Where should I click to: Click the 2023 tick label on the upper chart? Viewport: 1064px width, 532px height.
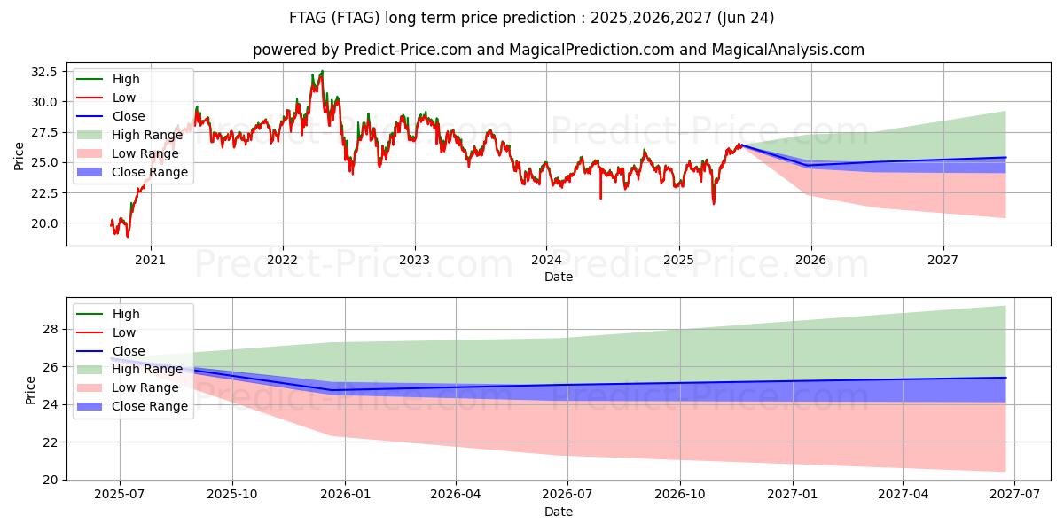(x=414, y=260)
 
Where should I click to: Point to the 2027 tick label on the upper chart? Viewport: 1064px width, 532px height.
(x=943, y=260)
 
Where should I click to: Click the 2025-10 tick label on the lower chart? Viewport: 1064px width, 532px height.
(x=232, y=495)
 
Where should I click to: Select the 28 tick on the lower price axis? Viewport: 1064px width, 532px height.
(x=51, y=329)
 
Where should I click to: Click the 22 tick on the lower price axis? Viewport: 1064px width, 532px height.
(x=51, y=442)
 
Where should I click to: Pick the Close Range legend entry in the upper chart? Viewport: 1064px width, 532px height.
(x=150, y=172)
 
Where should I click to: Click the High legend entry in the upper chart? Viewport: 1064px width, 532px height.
(x=126, y=79)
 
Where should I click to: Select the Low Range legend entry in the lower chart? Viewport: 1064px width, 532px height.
(x=147, y=387)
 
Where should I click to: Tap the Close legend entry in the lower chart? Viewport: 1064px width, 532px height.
(x=129, y=351)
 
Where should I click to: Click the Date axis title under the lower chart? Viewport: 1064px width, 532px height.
(x=559, y=512)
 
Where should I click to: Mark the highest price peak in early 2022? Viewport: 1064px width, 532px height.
(x=322, y=71)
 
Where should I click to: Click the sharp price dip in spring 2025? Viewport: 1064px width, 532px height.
(x=714, y=203)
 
